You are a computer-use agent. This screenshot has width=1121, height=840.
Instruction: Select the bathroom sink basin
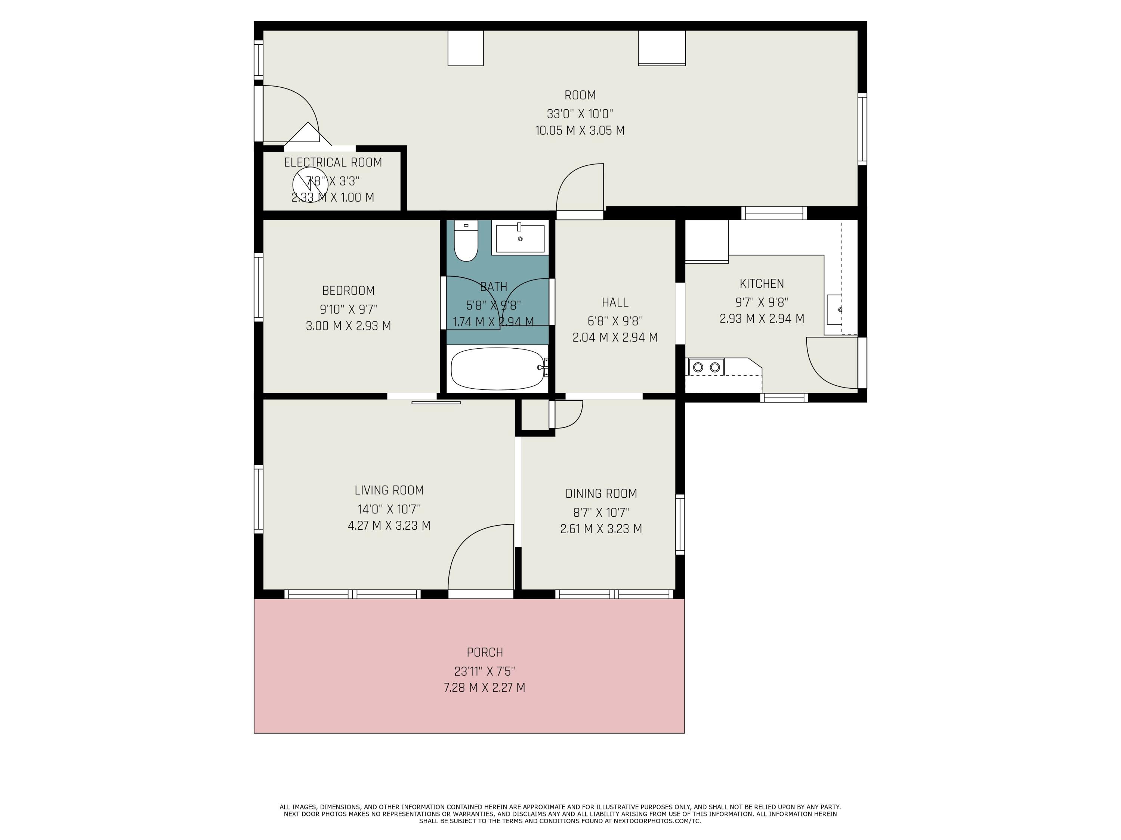(x=520, y=239)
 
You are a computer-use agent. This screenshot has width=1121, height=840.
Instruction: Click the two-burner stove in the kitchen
(x=707, y=367)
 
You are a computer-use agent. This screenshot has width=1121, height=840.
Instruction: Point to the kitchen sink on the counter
(x=834, y=309)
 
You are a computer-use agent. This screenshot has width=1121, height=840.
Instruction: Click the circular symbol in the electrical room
(x=310, y=185)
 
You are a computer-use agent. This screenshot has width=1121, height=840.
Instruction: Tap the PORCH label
(x=485, y=652)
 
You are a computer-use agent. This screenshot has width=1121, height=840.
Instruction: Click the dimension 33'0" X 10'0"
(x=580, y=113)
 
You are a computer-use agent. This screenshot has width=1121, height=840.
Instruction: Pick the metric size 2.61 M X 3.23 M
(x=600, y=529)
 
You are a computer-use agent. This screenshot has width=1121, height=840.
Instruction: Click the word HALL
(x=615, y=302)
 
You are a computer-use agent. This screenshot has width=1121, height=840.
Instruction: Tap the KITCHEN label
(x=761, y=283)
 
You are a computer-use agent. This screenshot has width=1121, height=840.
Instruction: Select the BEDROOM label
(x=348, y=290)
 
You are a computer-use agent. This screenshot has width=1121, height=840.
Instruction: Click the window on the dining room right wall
(x=680, y=525)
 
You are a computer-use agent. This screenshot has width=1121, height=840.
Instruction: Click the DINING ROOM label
(x=600, y=494)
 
